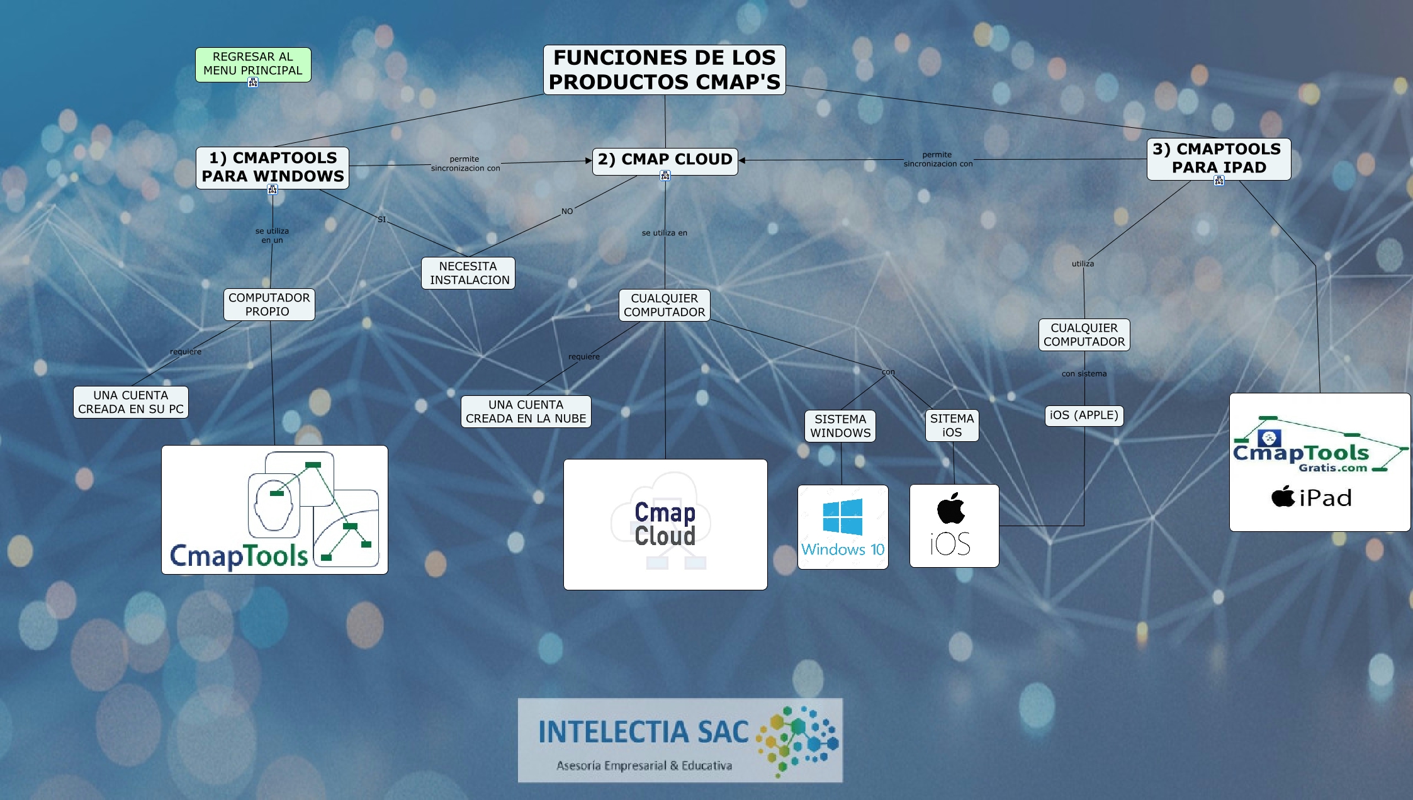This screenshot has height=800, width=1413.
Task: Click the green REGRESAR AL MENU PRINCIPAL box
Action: tap(253, 64)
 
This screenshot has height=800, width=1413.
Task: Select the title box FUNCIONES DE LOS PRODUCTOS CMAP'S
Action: tap(664, 70)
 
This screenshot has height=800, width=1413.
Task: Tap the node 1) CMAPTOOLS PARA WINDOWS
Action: tap(273, 167)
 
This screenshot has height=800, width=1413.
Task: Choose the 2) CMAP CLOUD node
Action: tap(665, 160)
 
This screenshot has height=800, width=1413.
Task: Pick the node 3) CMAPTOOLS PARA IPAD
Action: tap(1219, 159)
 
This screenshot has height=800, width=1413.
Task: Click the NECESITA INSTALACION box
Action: tap(468, 273)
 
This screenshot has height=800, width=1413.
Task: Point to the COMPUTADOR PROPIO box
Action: tap(269, 305)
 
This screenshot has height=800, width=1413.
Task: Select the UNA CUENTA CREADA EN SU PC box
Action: tap(131, 402)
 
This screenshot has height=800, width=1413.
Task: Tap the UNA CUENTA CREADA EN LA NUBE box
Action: tap(526, 412)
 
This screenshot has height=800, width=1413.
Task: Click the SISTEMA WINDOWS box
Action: tap(840, 426)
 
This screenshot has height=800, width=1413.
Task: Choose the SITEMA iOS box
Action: tap(952, 425)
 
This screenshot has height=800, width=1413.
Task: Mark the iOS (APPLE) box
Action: tap(1084, 415)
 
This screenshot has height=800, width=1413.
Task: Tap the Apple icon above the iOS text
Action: tap(951, 509)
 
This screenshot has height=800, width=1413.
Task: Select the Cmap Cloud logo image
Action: tap(665, 524)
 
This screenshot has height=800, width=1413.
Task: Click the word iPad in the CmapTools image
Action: tap(1325, 499)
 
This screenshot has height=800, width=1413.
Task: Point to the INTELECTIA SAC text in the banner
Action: tap(643, 732)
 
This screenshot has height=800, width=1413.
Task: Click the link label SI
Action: tap(381, 220)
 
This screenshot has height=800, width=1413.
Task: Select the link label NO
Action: tap(567, 211)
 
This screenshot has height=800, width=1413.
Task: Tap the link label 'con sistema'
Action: tap(1084, 374)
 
